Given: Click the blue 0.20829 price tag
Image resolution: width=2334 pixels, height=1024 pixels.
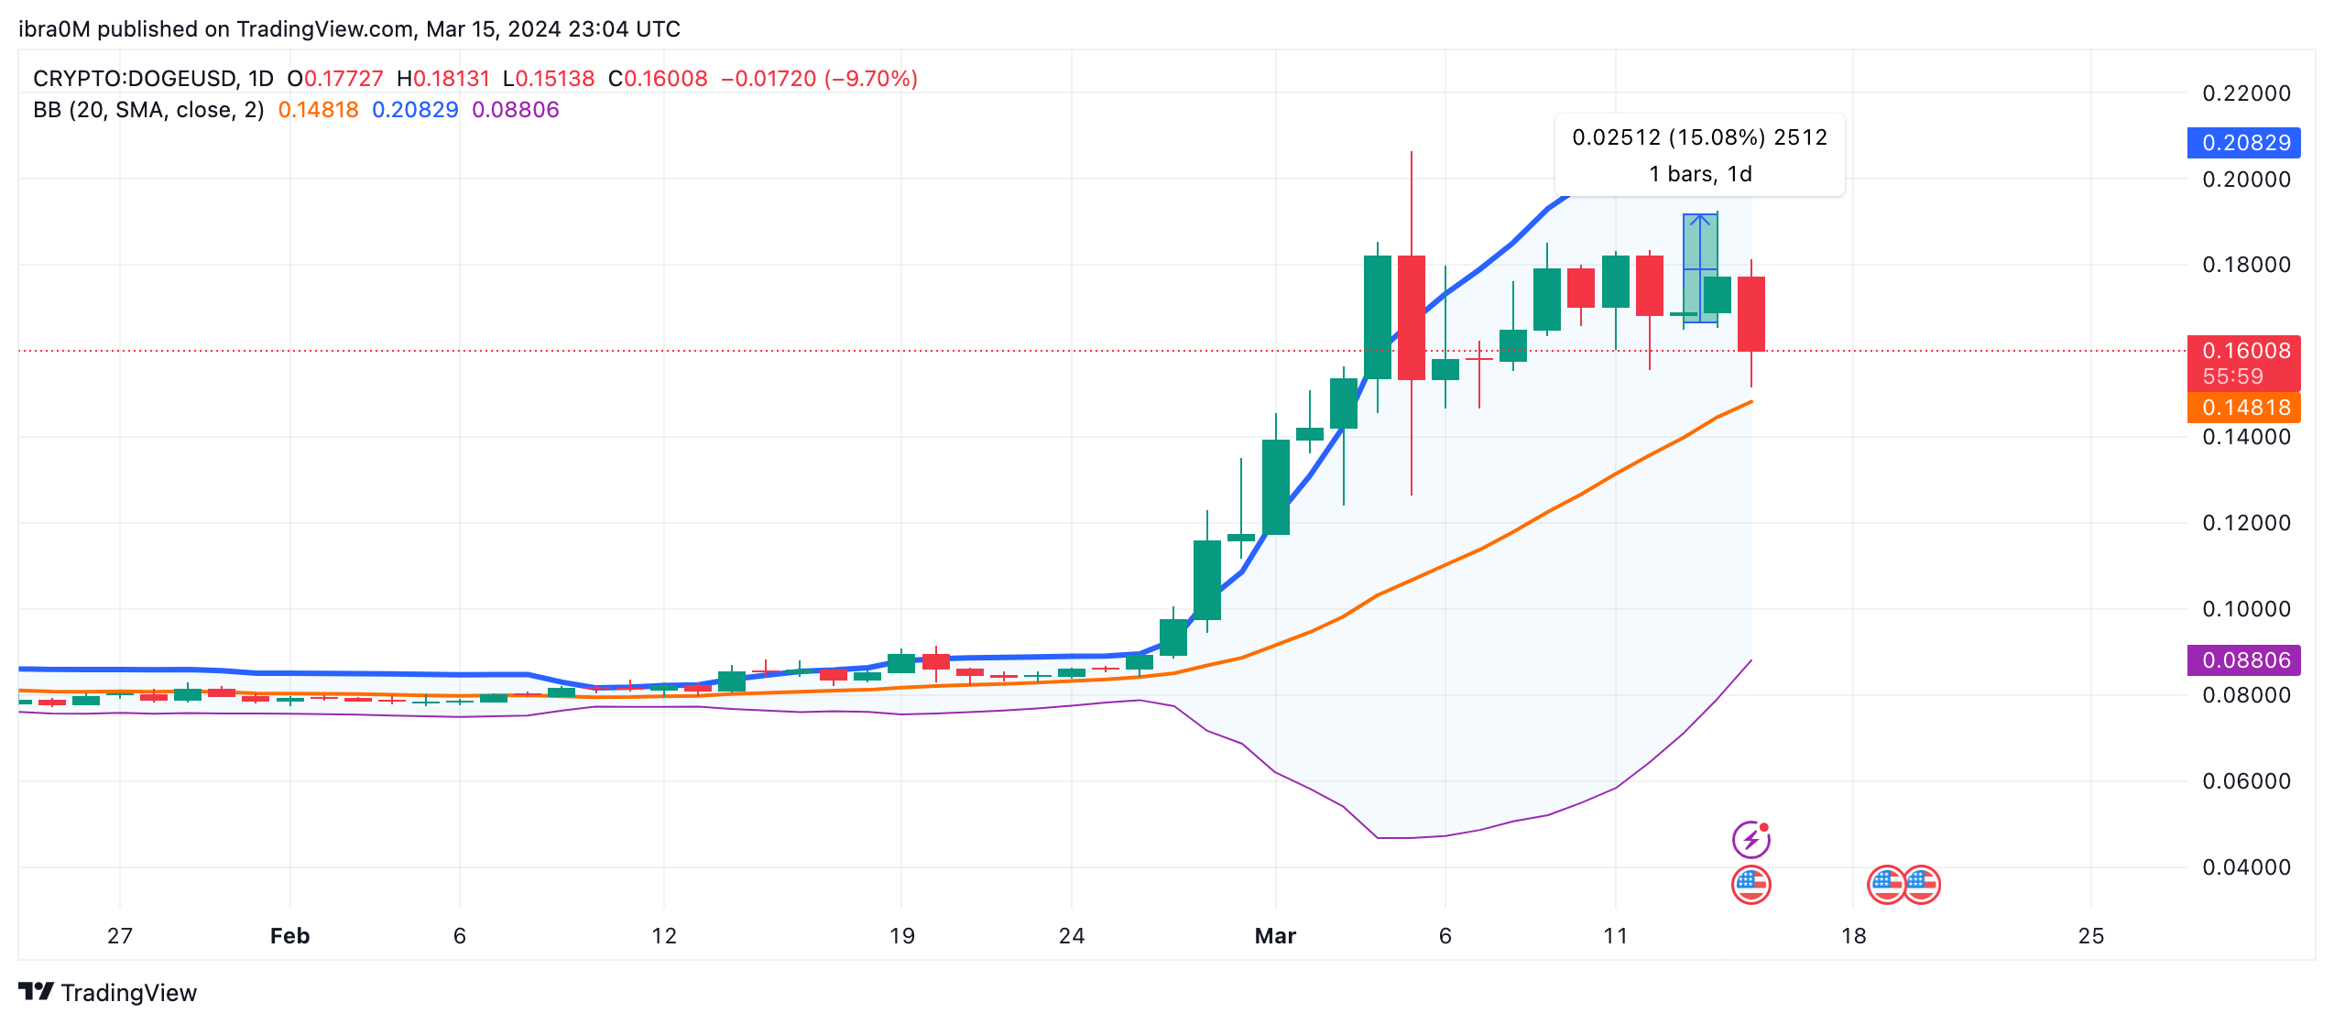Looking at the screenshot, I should [x=2243, y=143].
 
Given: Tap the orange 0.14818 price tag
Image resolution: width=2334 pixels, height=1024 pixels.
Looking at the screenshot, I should [x=2243, y=408].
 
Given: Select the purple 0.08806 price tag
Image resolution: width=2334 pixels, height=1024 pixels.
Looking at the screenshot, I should [x=2243, y=660].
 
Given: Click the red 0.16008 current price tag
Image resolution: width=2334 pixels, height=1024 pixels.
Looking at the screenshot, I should [x=2243, y=352].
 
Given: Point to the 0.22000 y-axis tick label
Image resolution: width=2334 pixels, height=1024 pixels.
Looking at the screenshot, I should [x=2246, y=93].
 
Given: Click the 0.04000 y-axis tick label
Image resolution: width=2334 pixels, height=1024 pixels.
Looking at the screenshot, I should [x=2246, y=867].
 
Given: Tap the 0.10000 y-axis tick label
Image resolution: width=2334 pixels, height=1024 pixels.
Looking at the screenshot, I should [x=2246, y=609].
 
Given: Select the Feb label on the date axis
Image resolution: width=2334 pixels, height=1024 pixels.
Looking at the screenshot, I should [x=289, y=936].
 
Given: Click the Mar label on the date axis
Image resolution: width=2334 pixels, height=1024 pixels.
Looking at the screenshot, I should [x=1275, y=936].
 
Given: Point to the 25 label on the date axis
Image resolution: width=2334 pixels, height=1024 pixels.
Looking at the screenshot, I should [x=2091, y=936].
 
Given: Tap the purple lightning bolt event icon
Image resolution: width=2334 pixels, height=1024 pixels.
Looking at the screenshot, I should [x=1750, y=838].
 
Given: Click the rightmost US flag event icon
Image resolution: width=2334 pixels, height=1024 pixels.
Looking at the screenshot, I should [x=1922, y=884].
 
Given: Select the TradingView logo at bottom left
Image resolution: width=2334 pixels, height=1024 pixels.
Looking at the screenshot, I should [x=107, y=993].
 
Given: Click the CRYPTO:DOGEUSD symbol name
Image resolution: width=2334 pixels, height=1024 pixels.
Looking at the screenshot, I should [x=135, y=79].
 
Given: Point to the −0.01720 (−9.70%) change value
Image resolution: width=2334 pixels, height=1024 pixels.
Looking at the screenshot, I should [x=819, y=79].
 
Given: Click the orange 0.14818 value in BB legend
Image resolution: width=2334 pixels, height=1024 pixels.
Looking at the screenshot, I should [x=318, y=110].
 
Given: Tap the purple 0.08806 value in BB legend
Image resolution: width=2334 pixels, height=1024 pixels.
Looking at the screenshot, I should [x=515, y=110].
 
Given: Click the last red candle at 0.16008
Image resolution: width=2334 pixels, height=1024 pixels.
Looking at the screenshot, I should [x=1750, y=313].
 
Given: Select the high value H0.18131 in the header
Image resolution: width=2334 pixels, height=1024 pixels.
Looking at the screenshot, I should [x=443, y=79].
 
